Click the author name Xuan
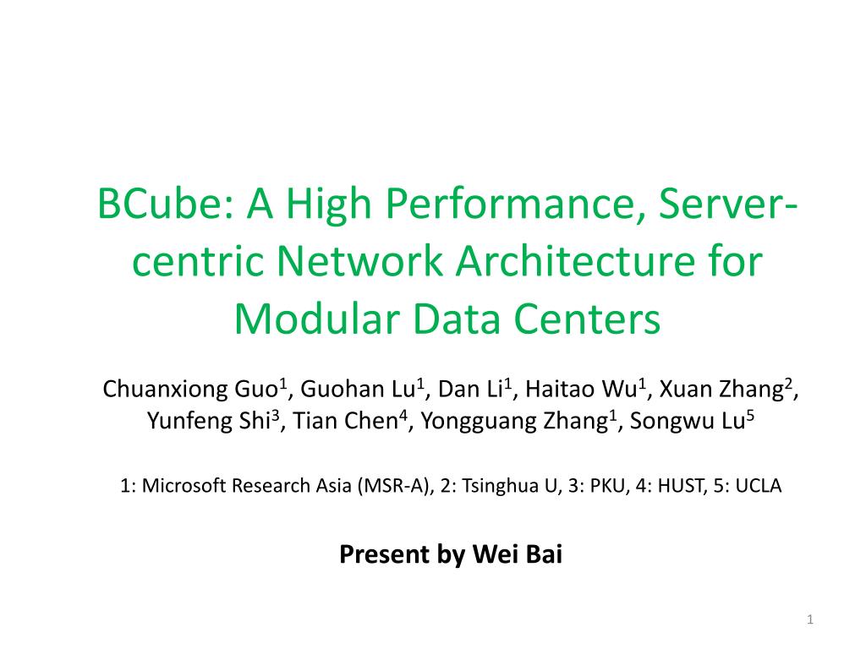click(x=683, y=390)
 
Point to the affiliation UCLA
click(x=759, y=487)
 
